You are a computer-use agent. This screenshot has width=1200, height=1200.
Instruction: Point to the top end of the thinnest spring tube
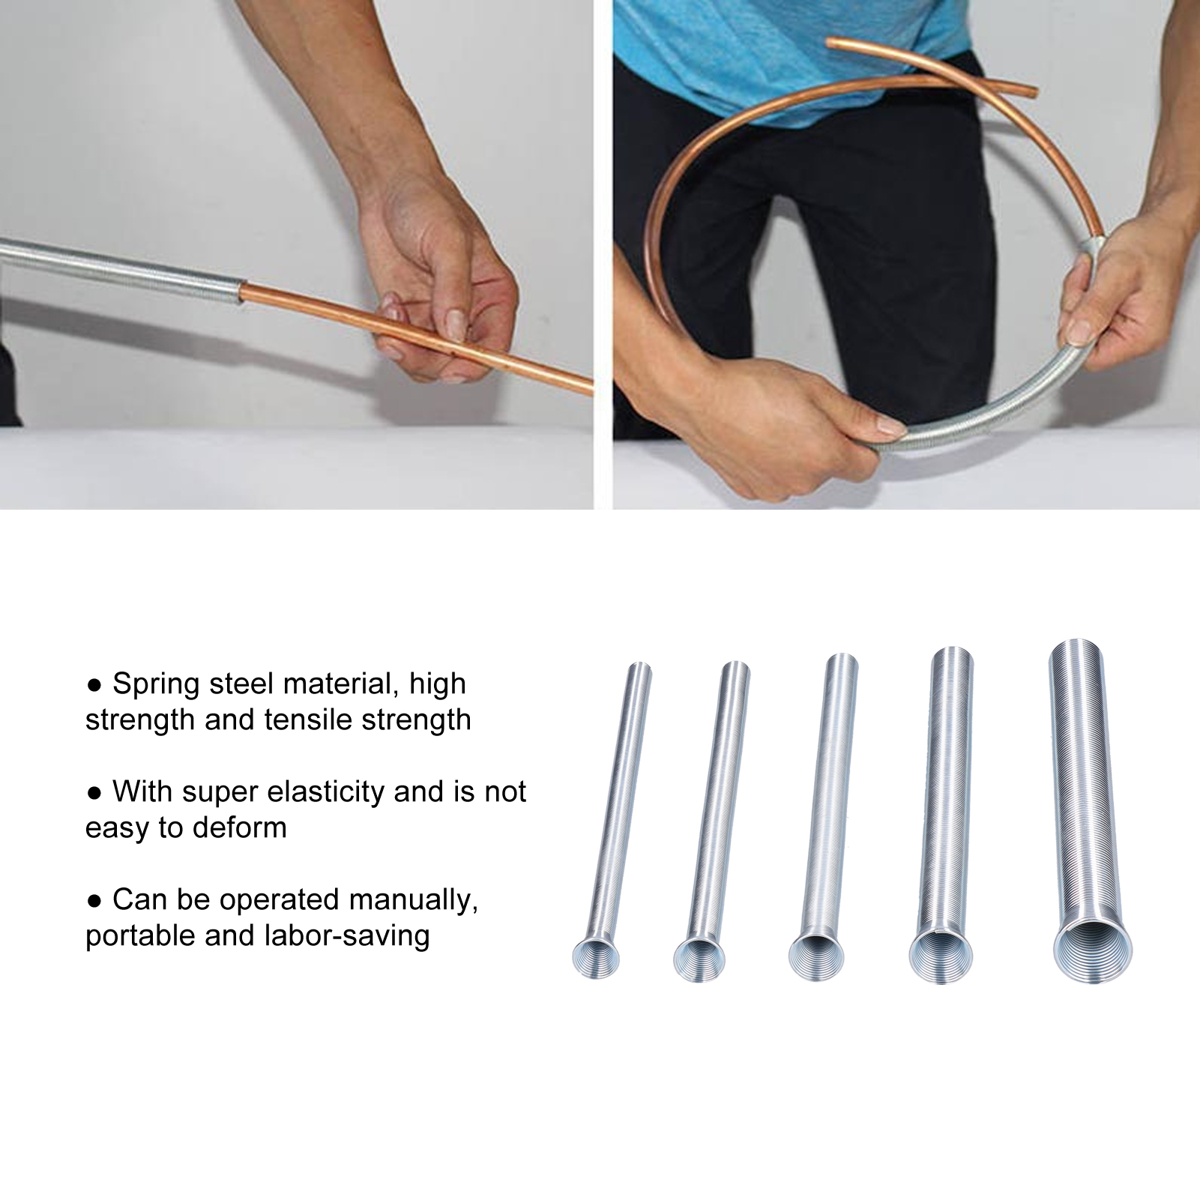click(x=640, y=666)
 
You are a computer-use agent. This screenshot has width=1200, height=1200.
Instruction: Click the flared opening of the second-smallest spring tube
click(x=699, y=959)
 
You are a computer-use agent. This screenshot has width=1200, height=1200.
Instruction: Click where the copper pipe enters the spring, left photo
click(x=241, y=292)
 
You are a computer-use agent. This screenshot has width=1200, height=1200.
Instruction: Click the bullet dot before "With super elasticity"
click(x=94, y=793)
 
